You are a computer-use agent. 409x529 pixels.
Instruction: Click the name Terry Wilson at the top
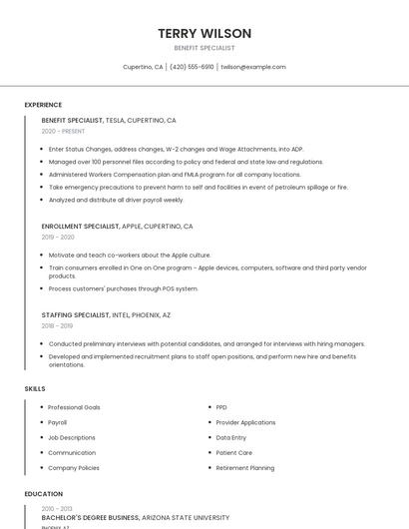pyautogui.click(x=204, y=33)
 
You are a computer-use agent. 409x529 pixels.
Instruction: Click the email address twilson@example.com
pyautogui.click(x=253, y=67)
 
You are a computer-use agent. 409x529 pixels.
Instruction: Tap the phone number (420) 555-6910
pyautogui.click(x=192, y=67)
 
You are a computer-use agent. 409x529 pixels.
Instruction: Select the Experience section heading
pyautogui.click(x=43, y=104)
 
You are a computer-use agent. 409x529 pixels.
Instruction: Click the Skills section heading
pyautogui.click(x=35, y=388)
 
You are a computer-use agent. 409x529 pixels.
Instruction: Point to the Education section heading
pyautogui.click(x=42, y=493)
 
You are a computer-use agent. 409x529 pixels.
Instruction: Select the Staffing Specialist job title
pyautogui.click(x=75, y=314)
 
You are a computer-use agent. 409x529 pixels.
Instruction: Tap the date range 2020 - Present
pyautogui.click(x=63, y=131)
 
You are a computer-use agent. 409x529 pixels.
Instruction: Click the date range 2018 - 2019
pyautogui.click(x=57, y=325)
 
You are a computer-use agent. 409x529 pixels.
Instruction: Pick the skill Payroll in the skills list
pyautogui.click(x=58, y=422)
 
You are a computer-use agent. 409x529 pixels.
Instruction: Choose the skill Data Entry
pyautogui.click(x=230, y=437)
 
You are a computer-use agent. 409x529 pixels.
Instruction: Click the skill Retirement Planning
pyautogui.click(x=244, y=467)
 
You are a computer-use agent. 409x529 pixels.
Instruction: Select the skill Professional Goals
pyautogui.click(x=74, y=407)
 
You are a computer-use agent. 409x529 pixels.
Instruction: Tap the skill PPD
pyautogui.click(x=221, y=407)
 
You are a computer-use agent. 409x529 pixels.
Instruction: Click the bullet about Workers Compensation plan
pyautogui.click(x=175, y=174)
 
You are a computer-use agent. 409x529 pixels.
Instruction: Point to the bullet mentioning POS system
pyautogui.click(x=123, y=288)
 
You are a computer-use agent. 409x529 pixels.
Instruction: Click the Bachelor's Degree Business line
pyautogui.click(x=90, y=518)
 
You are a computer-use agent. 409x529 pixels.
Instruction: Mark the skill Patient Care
pyautogui.click(x=233, y=452)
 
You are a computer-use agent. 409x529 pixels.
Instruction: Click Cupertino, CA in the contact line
pyautogui.click(x=143, y=67)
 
